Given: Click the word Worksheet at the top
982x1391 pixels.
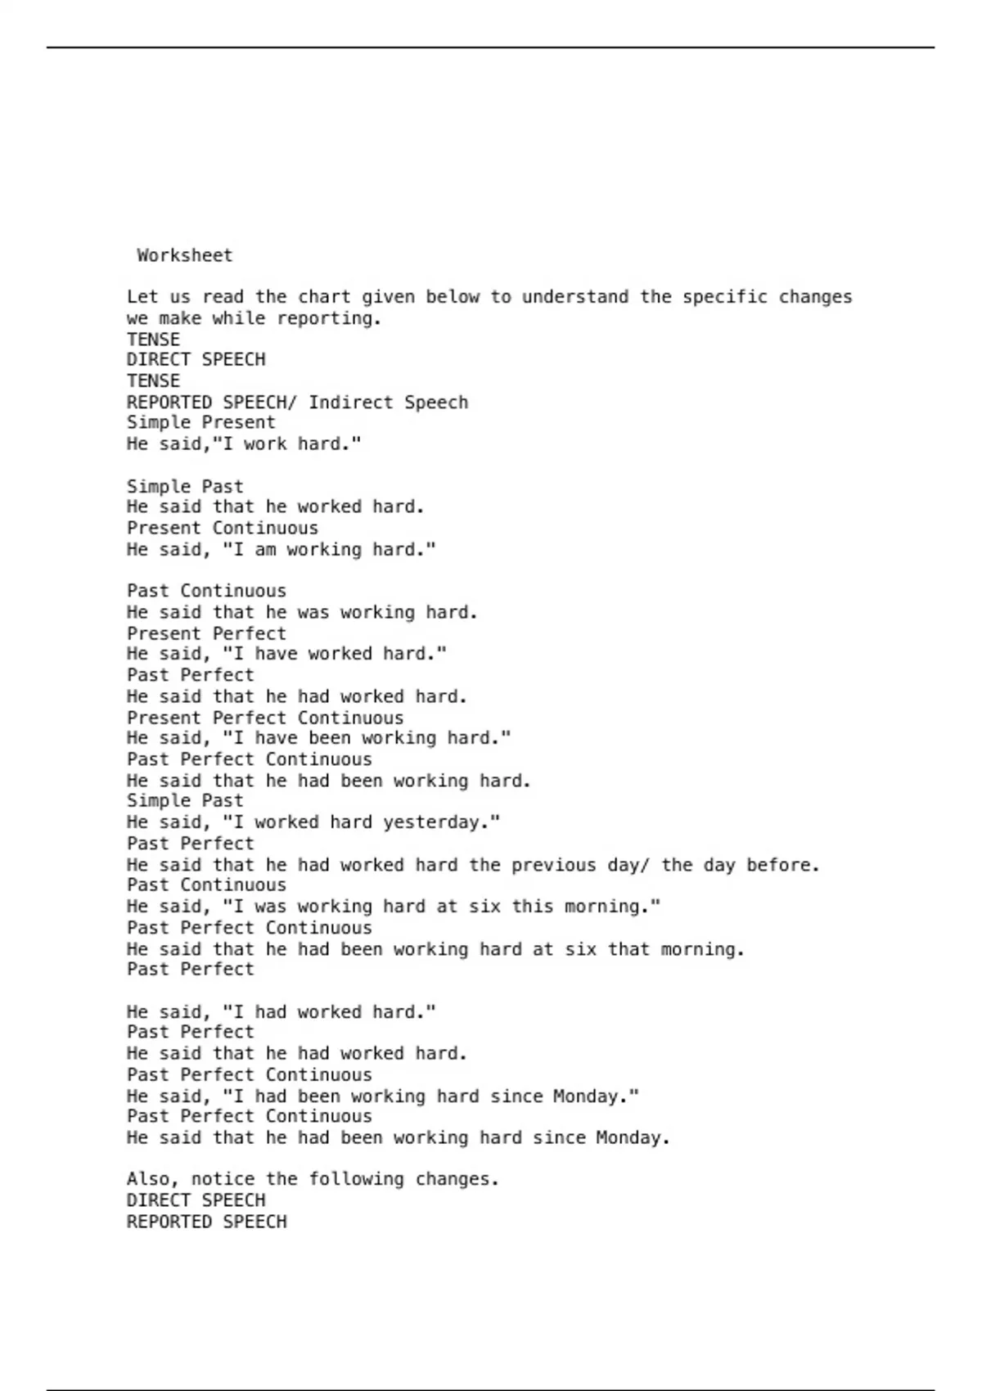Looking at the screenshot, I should point(184,255).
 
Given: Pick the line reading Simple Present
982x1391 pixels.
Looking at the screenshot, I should point(200,423).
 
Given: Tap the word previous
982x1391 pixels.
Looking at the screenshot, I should point(553,865).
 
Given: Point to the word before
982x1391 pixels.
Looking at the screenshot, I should point(782,865).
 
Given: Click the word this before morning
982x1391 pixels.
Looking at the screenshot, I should point(532,907).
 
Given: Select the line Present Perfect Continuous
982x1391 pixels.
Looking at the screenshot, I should point(265,718).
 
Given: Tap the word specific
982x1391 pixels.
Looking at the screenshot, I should point(725,297).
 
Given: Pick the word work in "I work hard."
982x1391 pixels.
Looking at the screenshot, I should point(265,444).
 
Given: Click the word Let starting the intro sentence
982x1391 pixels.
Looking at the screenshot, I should point(142,297).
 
